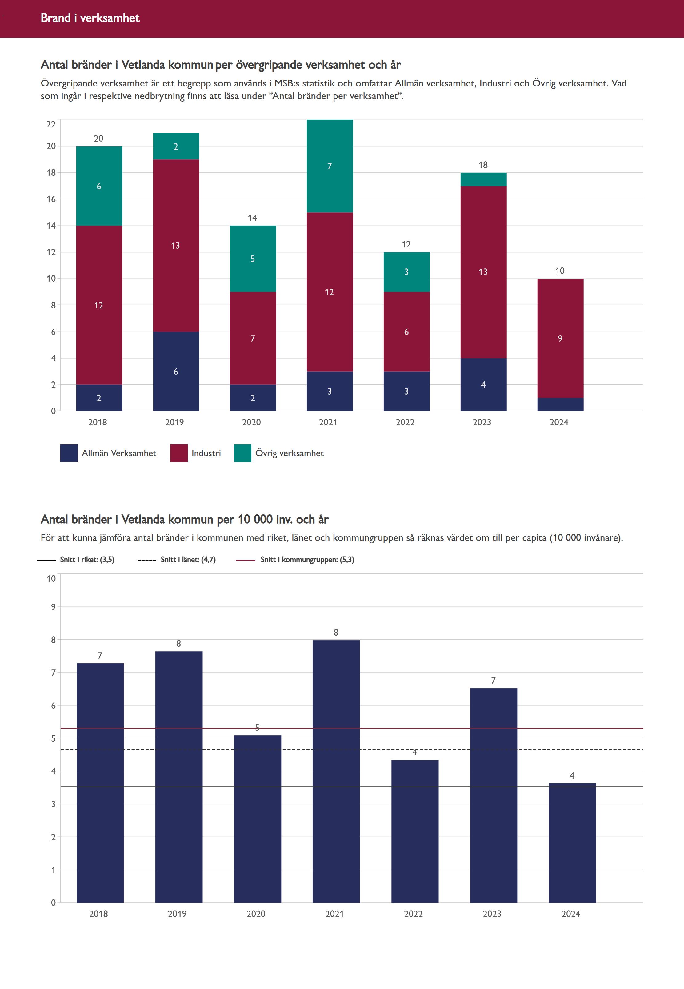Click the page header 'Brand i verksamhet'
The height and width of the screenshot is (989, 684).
point(90,18)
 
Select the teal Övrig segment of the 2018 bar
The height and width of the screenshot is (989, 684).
point(99,186)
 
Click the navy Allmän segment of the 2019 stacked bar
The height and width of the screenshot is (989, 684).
point(176,371)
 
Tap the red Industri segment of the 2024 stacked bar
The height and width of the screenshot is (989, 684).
point(560,338)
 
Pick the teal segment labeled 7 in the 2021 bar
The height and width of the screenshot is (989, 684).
point(330,166)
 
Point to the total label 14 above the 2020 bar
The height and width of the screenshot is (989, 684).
point(252,218)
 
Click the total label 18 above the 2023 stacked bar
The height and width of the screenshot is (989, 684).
point(483,165)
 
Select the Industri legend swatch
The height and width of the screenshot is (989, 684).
point(179,453)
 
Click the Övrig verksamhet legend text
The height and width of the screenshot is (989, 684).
point(289,453)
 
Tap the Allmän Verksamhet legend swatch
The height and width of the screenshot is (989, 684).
point(69,453)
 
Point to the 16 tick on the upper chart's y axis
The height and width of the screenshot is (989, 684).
point(51,199)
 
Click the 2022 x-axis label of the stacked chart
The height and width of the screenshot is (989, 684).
point(405,422)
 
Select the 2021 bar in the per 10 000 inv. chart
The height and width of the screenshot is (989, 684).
point(336,772)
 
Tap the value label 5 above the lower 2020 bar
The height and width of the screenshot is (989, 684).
point(257,727)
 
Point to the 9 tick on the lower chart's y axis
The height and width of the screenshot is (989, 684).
point(53,607)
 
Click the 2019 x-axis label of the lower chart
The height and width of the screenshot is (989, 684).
point(177,914)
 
